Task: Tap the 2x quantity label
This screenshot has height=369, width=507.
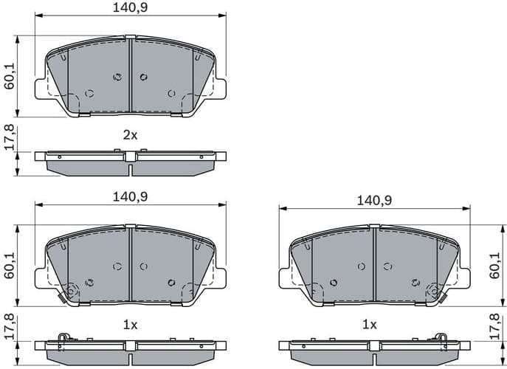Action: point(130,135)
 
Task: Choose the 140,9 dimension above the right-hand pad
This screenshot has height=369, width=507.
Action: point(375,200)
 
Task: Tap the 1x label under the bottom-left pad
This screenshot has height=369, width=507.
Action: point(130,325)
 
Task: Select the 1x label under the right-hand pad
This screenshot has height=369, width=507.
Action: point(369,325)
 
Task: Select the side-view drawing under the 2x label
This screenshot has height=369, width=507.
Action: point(130,162)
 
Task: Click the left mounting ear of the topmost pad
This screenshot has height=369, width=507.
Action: point(41,88)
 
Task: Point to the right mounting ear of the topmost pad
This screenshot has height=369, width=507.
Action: point(220,88)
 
